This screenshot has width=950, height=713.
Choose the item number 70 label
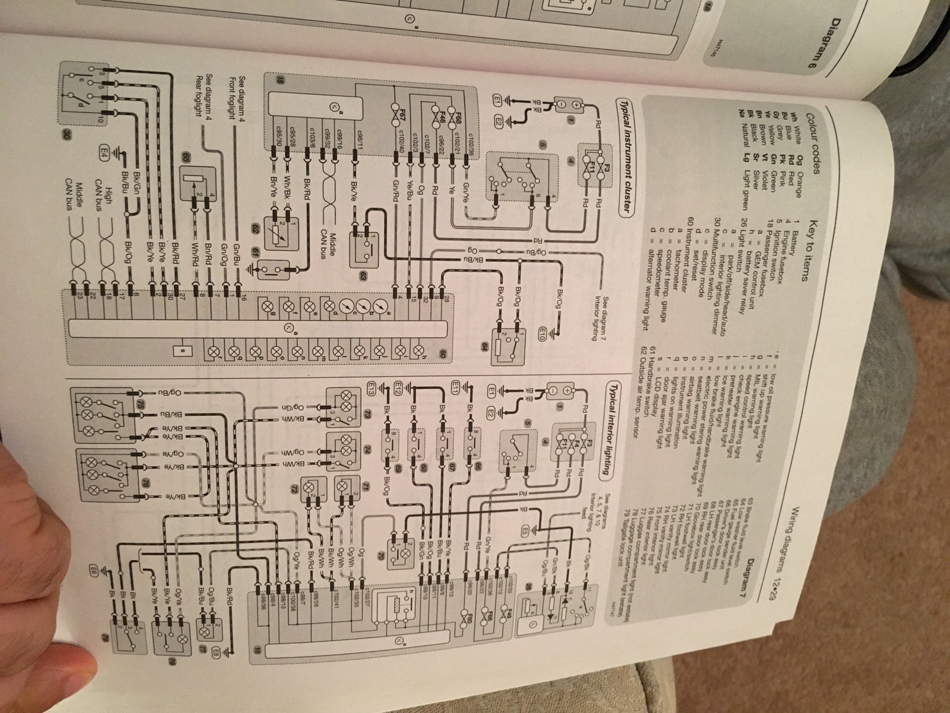(381, 560)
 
